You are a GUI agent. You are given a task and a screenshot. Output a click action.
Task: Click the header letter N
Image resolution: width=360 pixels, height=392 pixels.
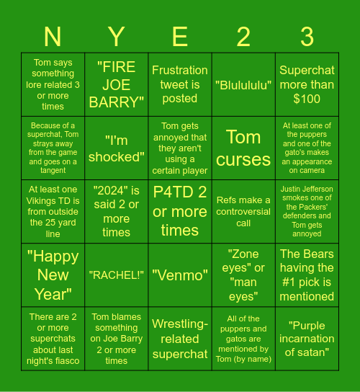[x=53, y=36]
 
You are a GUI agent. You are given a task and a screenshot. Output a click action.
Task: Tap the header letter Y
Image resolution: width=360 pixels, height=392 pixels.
[x=117, y=36]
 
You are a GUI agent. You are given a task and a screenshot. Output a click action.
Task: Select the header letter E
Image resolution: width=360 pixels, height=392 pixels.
[x=180, y=36]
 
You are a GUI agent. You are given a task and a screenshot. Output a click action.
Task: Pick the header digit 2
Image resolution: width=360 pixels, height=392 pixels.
[x=243, y=36]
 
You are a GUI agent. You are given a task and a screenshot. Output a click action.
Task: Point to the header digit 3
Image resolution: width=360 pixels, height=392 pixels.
[x=307, y=36]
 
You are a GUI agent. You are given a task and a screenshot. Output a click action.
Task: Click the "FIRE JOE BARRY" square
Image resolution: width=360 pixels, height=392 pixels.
[x=117, y=84]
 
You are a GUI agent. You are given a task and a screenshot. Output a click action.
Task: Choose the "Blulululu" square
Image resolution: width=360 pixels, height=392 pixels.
[x=243, y=84]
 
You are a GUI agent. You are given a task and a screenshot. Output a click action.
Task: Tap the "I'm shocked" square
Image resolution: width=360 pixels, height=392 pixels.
[x=117, y=148]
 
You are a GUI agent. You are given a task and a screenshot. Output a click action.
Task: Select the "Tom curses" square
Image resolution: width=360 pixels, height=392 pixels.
[x=243, y=148]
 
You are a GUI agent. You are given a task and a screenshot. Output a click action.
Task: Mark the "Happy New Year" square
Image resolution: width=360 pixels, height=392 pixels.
[x=53, y=275]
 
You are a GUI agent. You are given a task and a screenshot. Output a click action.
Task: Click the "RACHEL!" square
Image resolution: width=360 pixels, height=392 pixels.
[x=117, y=275]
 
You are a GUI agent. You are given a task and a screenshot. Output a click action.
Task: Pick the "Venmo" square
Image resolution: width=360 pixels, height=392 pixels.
[x=180, y=275]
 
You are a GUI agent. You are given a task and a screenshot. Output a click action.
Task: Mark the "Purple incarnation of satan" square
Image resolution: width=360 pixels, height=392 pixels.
[x=307, y=338]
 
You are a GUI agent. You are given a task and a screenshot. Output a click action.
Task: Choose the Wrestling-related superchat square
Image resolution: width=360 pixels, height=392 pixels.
[x=180, y=338]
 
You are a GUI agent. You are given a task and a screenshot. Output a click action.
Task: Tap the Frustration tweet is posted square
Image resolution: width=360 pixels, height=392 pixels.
[x=180, y=84]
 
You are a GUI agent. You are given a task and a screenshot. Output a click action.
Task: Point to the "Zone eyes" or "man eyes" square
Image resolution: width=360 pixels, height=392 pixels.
[x=243, y=275]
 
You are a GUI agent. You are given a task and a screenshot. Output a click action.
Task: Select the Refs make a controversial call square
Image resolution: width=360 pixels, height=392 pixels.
[x=243, y=211]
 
